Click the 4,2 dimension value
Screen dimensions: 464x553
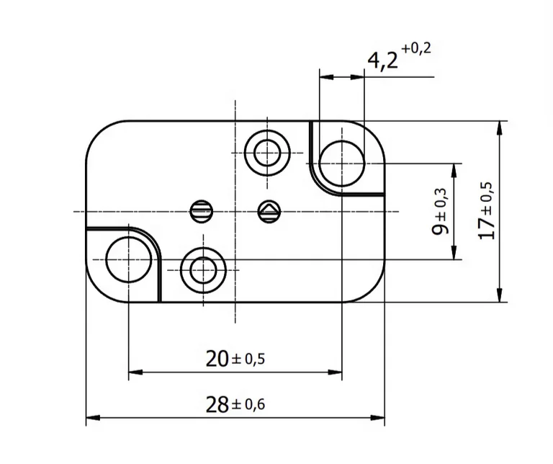[382, 61]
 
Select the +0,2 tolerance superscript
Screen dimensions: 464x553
[417, 49]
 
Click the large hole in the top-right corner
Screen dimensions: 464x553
[342, 163]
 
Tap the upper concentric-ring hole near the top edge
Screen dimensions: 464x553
[267, 153]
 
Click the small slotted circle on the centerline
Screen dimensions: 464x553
[202, 211]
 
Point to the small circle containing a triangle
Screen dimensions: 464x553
[269, 211]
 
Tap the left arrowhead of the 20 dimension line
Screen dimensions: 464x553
[133, 372]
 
